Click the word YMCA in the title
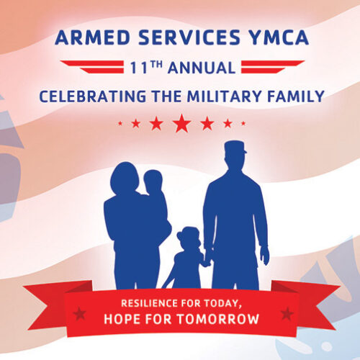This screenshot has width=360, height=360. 279,37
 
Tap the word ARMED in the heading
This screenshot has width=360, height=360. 93,37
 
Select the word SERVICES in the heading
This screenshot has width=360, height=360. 189,37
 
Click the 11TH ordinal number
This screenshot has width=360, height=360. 146,68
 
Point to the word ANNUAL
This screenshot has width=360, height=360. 202,68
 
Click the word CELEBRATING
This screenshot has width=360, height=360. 93,96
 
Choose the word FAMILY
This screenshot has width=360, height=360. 296,96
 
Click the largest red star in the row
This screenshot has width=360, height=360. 181,123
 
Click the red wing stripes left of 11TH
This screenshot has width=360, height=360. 92,67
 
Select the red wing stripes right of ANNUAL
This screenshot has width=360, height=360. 273,67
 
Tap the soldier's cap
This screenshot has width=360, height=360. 235,148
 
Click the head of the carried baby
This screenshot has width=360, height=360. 153,180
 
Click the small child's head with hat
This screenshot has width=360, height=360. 189,238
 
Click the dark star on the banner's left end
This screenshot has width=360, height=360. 79,313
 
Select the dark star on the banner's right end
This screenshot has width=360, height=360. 287,313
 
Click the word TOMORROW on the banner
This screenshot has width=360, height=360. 218,319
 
